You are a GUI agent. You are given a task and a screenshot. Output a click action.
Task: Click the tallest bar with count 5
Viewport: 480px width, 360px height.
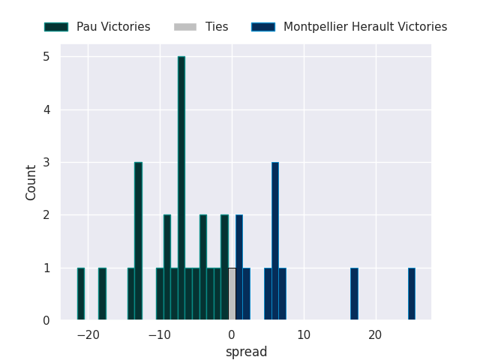point(181,188)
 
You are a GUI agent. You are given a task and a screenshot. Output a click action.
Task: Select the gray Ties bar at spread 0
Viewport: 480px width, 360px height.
point(232,294)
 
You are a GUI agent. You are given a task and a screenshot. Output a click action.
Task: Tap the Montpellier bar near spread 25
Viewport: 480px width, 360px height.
point(412,294)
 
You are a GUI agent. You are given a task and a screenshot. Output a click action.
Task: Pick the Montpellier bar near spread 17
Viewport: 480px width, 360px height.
point(354,294)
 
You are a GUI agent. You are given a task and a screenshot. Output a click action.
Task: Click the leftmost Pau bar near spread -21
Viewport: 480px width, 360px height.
point(80,294)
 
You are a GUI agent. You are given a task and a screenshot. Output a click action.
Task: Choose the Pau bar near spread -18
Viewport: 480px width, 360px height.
point(102,294)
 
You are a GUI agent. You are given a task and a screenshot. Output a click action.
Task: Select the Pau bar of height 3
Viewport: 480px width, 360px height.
point(138,241)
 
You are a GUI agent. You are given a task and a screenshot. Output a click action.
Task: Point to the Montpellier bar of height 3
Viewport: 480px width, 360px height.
point(275,241)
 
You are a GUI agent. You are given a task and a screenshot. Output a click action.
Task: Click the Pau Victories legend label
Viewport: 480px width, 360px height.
point(113,27)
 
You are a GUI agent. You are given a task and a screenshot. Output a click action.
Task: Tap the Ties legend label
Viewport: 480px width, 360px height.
point(217,27)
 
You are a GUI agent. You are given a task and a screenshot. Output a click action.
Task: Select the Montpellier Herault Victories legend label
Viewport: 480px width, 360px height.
point(365,27)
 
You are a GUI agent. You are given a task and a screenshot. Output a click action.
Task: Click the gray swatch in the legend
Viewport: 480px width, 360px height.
point(184,27)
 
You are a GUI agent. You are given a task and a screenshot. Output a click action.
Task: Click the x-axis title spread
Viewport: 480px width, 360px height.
point(246,352)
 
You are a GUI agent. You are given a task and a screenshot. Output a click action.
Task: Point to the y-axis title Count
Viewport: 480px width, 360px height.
point(31,182)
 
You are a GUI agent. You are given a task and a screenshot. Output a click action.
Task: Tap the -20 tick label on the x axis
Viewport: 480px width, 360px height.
point(88,335)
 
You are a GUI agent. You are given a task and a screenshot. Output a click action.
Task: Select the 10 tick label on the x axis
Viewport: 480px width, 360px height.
point(303,335)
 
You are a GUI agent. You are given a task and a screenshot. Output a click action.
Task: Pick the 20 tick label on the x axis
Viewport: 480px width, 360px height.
point(375,335)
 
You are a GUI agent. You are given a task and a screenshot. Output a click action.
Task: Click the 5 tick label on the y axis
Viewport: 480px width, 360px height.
point(46,57)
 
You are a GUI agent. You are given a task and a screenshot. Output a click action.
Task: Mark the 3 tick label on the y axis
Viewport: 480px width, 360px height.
point(46,163)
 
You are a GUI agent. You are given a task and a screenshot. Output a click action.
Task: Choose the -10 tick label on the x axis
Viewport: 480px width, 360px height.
point(160,335)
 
